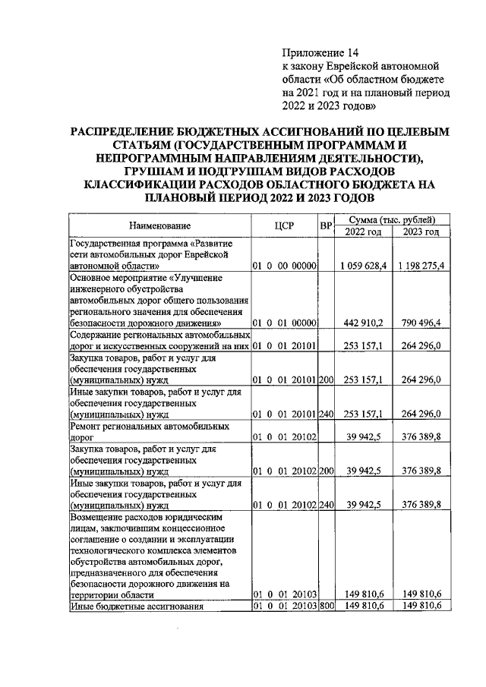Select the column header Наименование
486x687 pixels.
159,225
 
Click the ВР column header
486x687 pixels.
327,225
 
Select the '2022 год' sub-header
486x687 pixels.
363,232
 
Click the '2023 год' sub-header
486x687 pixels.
421,232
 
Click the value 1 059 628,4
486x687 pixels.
363,266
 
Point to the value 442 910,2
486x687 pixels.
367,322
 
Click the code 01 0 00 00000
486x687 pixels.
285,266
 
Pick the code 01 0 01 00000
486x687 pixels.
285,322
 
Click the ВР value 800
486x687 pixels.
327,606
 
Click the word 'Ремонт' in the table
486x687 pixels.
87,427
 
